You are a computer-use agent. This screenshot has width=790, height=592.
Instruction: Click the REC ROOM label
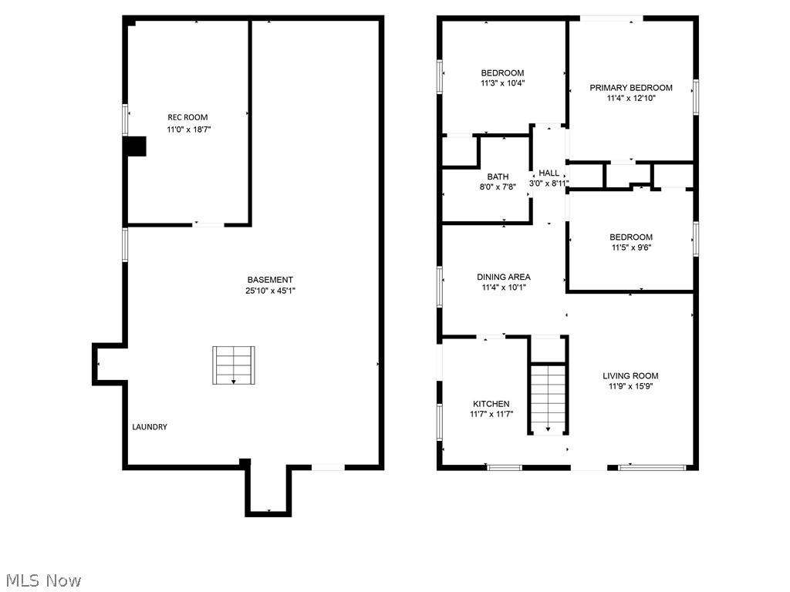(x=187, y=117)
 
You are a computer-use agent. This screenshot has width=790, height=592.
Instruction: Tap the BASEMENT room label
(x=270, y=280)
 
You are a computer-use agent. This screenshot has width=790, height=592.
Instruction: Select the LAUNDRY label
(x=150, y=427)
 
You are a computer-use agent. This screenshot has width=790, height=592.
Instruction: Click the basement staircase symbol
(x=233, y=365)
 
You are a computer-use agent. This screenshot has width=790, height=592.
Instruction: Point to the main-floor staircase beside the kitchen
(x=549, y=399)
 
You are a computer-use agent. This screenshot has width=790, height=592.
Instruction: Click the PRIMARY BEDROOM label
(x=631, y=88)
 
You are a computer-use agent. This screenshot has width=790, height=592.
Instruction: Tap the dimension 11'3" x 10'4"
(x=502, y=83)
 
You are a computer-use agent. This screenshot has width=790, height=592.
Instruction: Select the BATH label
(x=498, y=177)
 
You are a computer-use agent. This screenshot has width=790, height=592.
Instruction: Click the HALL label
(x=549, y=173)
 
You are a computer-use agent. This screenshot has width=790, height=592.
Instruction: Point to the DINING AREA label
(x=504, y=277)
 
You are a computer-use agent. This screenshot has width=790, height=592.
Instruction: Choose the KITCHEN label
(x=491, y=404)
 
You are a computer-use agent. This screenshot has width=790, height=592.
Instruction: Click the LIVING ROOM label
(x=630, y=375)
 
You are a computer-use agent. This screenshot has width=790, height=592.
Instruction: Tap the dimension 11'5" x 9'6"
(x=631, y=247)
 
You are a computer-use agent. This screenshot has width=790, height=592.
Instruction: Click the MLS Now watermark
(x=43, y=580)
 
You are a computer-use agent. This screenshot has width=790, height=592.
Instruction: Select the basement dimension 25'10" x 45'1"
(x=270, y=291)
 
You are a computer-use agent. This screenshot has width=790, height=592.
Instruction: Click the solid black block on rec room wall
(x=136, y=146)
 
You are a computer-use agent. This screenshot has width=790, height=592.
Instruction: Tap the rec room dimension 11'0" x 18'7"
(x=188, y=129)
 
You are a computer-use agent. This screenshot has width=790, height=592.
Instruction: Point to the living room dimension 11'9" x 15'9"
(x=631, y=386)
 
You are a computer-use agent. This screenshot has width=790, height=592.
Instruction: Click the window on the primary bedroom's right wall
(x=696, y=96)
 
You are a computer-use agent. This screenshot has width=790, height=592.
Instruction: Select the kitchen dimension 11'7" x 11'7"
(x=491, y=414)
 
